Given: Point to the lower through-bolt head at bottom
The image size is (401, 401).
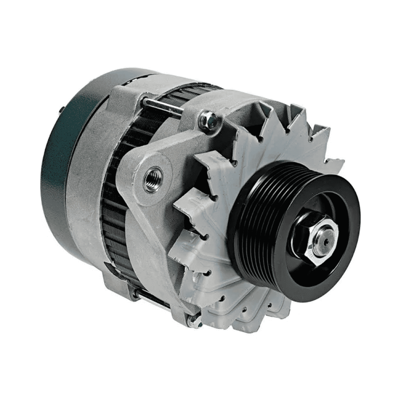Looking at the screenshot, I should click(193, 321).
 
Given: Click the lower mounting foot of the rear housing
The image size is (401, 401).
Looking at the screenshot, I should click(117, 284).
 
